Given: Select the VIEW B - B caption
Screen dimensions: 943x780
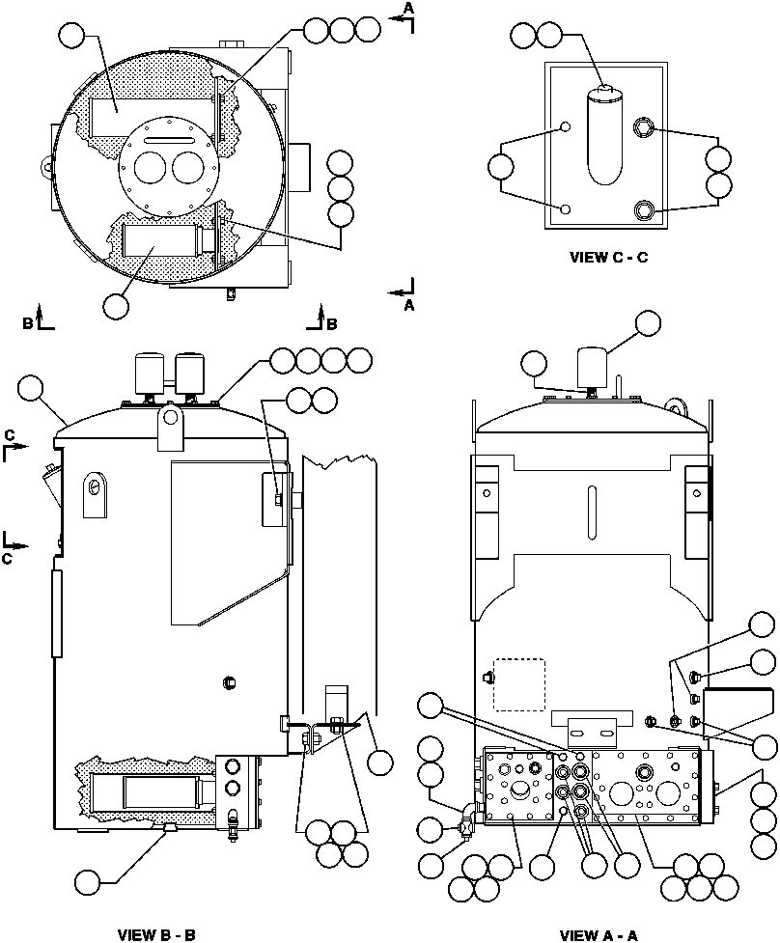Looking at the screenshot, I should click(x=156, y=934).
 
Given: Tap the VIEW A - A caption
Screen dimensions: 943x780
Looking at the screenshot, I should click(x=599, y=934).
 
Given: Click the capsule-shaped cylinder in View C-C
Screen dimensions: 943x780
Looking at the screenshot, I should click(x=604, y=133).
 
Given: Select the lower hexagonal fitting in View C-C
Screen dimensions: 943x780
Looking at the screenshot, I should click(x=644, y=209).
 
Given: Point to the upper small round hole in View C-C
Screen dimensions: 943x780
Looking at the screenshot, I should click(x=567, y=127).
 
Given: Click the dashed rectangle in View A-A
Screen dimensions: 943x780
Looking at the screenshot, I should click(x=519, y=683).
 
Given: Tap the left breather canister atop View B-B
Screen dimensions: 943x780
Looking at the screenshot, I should click(x=151, y=370).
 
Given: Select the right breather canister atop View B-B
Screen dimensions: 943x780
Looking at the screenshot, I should click(x=190, y=370).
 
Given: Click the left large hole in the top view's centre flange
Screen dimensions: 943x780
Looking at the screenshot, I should click(x=150, y=170).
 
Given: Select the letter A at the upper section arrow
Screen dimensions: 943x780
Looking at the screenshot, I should click(x=408, y=8).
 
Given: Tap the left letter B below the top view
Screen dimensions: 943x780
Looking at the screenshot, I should click(x=29, y=322).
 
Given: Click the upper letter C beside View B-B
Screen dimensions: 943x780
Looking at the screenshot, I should click(x=9, y=434).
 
